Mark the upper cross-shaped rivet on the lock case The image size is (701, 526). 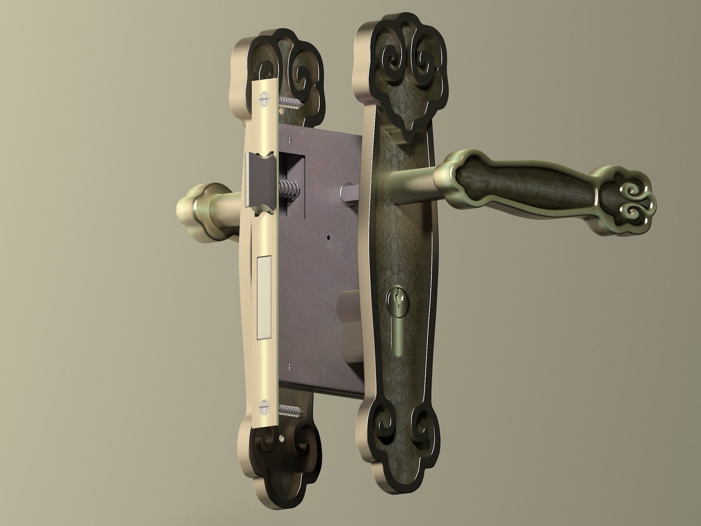[x=291, y=141]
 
